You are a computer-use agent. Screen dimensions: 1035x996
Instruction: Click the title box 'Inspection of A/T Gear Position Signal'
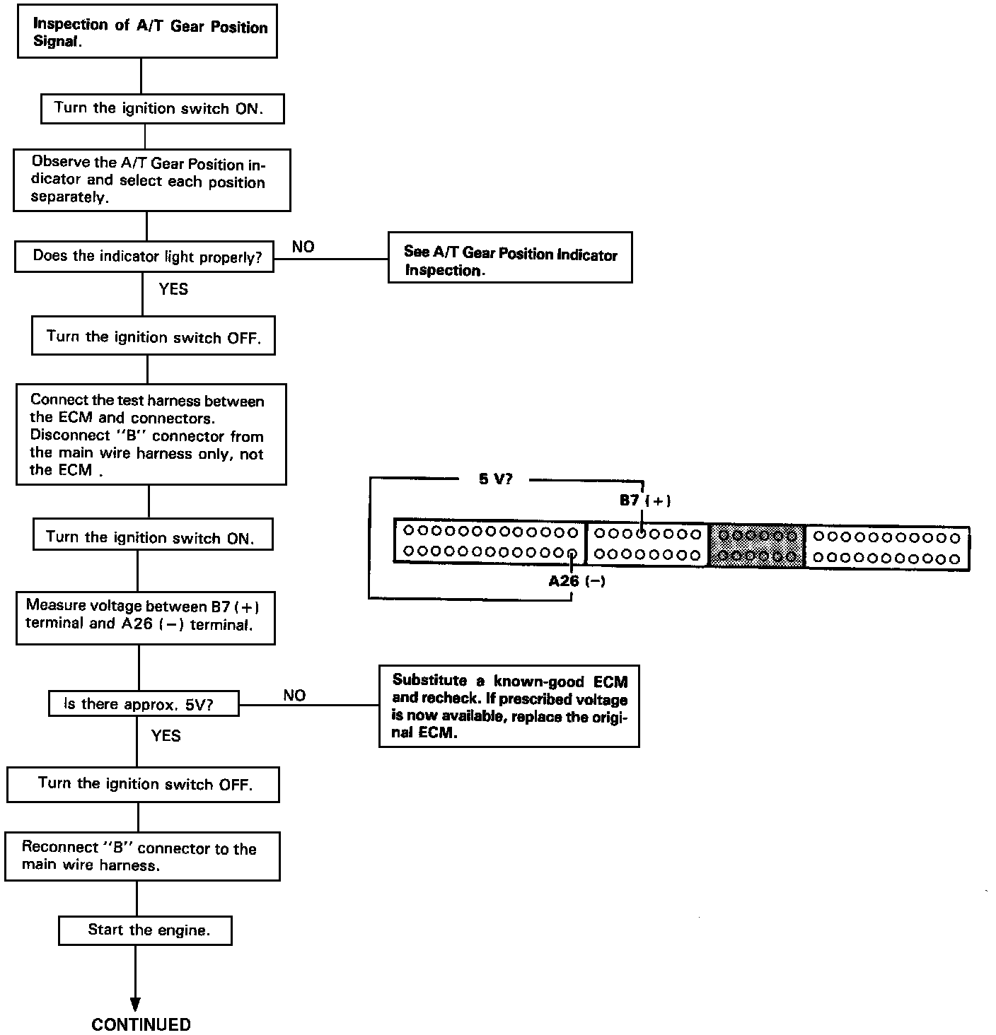146,32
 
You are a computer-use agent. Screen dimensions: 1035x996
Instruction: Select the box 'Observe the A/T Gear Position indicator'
151,180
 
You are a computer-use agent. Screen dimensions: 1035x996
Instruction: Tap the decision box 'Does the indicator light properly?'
144,257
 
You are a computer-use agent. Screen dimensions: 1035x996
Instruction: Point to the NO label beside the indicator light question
303,247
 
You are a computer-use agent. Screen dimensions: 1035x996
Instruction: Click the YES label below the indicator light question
173,288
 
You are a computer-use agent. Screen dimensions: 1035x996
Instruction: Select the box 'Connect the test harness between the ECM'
151,434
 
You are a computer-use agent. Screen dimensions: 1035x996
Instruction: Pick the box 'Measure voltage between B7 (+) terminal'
145,614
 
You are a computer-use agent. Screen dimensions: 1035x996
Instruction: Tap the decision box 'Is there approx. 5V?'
143,704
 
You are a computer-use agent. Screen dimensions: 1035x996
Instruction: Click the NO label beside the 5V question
294,695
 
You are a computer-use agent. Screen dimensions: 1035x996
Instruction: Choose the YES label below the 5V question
166,736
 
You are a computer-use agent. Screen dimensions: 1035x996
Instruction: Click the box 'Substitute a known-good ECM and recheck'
509,706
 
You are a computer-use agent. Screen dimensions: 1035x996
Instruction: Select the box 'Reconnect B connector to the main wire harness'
142,856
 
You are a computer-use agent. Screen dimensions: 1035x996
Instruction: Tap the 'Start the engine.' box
145,930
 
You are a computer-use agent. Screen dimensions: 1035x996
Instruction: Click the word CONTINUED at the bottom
141,1024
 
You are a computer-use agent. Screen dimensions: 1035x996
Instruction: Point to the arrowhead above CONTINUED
135,1004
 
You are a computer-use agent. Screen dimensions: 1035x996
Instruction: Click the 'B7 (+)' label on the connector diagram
644,501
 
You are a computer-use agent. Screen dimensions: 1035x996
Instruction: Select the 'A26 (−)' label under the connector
577,582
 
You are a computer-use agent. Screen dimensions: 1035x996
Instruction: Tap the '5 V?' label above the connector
495,479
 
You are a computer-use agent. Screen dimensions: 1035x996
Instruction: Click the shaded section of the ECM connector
756,546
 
